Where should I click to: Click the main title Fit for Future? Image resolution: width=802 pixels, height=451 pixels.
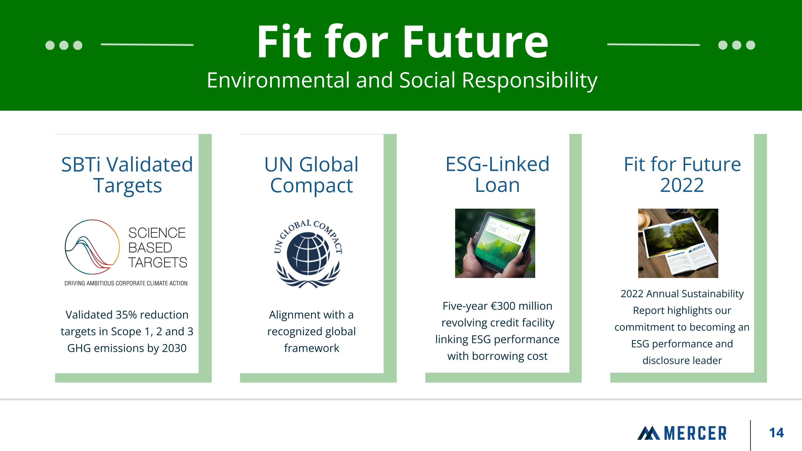tap(402, 42)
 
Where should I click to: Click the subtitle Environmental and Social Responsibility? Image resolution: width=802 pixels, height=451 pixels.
tap(402, 80)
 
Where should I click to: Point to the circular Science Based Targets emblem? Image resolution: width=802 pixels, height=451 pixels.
tap(92, 247)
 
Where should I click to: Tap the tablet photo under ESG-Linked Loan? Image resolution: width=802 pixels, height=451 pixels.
tap(495, 243)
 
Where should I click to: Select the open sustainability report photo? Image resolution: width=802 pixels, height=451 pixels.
tap(678, 243)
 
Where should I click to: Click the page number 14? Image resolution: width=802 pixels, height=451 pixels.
tap(776, 433)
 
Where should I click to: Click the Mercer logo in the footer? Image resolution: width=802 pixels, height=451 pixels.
tap(682, 433)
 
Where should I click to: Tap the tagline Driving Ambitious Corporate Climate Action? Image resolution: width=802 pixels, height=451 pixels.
tap(126, 283)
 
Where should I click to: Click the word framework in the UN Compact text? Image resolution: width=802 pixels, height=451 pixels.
tap(311, 348)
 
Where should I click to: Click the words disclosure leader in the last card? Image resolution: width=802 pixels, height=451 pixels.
tap(682, 360)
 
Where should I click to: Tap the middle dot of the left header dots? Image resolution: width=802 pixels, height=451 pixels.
tap(64, 45)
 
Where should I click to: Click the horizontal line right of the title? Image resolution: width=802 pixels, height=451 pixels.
tap(653, 44)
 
